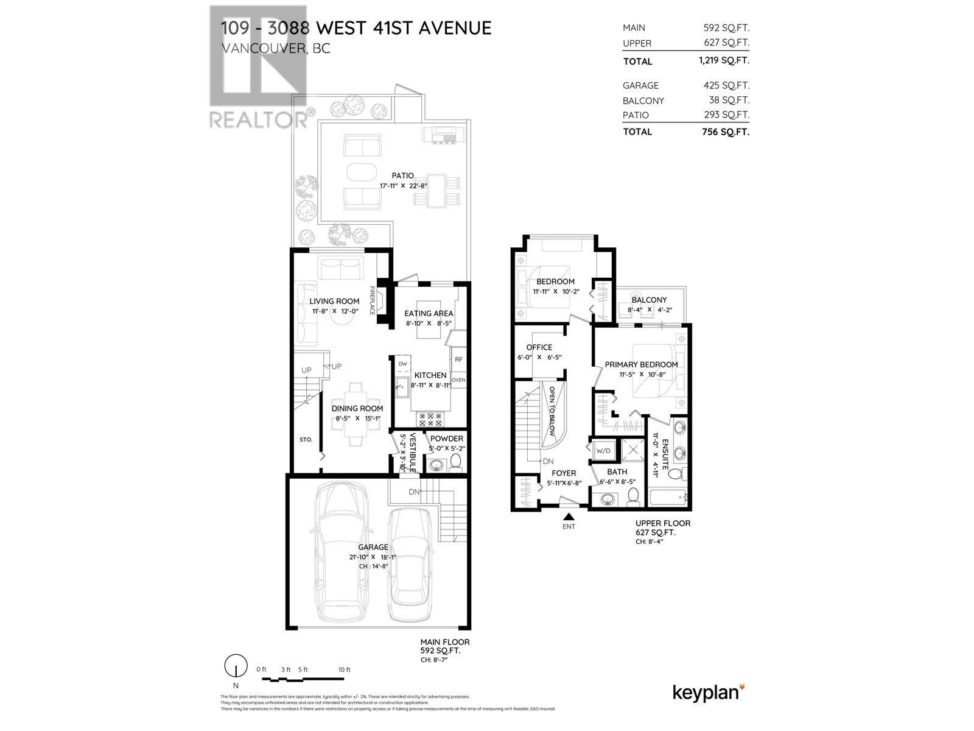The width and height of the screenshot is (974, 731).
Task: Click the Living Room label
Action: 334,301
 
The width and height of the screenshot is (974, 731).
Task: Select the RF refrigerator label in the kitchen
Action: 458,359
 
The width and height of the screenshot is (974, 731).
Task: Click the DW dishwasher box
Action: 402,364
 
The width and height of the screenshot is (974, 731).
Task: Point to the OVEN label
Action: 458,380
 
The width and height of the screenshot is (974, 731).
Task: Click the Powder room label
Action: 446,439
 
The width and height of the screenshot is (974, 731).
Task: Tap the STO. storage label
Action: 306,439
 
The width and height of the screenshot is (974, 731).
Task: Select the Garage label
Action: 373,547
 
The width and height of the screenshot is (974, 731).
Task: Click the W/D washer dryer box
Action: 603,451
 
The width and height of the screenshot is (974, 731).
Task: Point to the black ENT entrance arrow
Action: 569,517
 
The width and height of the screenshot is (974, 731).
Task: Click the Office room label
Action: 539,347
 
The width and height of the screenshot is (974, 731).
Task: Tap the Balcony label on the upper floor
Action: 649,300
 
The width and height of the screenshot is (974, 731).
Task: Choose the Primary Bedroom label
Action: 641,364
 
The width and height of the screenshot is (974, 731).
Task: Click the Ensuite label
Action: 665,454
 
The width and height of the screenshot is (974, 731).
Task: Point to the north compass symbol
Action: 236,666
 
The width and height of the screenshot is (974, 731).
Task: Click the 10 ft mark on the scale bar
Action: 344,670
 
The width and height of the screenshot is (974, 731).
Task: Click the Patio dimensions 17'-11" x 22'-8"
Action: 404,186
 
